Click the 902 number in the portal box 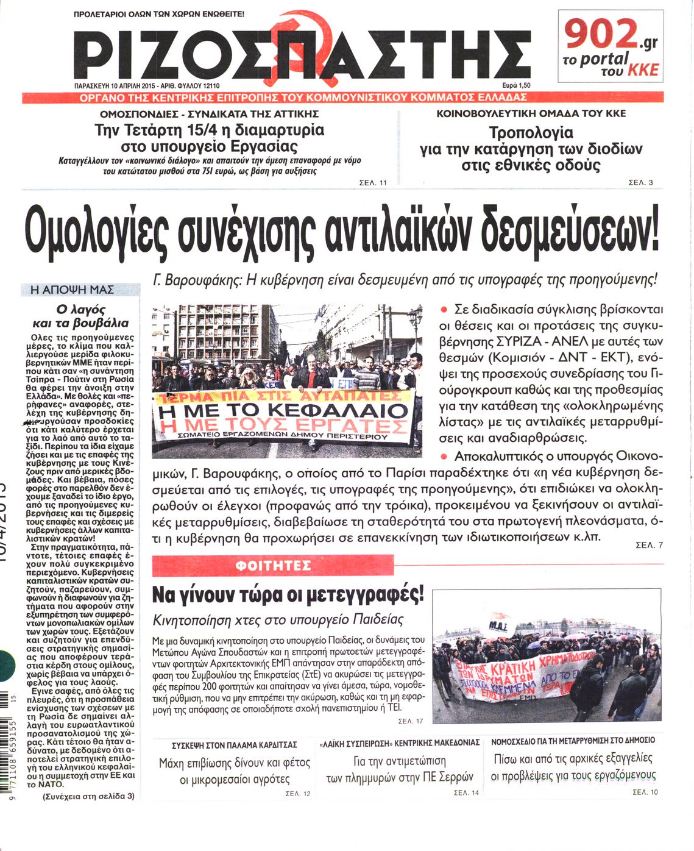(600, 35)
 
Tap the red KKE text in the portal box (644, 70)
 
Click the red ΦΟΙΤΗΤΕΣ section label (272, 566)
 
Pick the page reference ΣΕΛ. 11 (374, 183)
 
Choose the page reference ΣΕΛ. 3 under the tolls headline (640, 182)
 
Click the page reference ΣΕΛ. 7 (649, 545)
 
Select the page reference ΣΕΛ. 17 (410, 721)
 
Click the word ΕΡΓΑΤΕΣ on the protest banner (344, 425)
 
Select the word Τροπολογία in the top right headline (531, 132)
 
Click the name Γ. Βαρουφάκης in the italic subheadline (193, 281)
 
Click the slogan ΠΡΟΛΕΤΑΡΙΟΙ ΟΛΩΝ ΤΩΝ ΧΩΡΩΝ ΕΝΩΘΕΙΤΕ (158, 13)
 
